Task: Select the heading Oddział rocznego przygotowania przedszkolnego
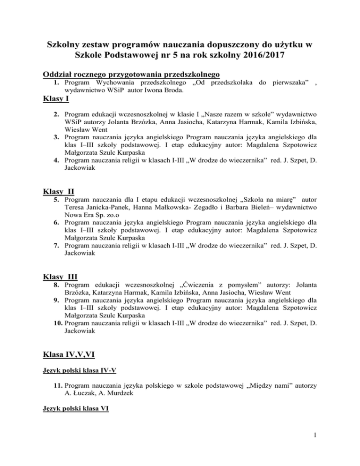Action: click(x=131, y=75)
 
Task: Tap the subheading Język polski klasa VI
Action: click(x=75, y=408)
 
